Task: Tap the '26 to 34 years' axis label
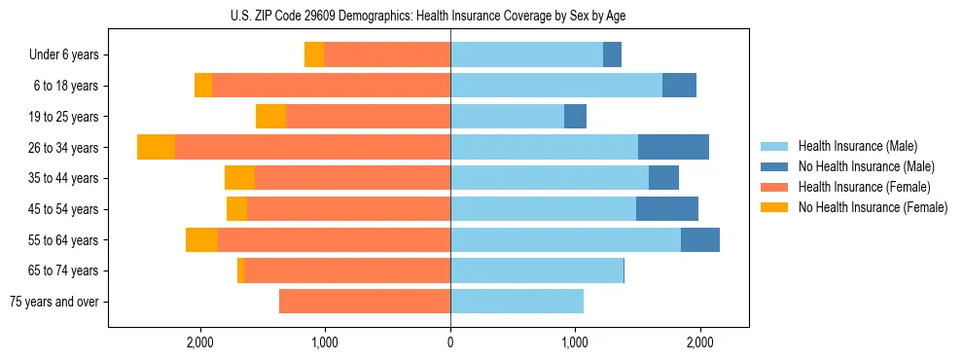click(63, 148)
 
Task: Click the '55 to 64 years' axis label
click(63, 240)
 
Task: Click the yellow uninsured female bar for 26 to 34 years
click(156, 147)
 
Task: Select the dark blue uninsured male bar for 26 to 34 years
click(673, 147)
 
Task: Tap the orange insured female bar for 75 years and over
click(364, 302)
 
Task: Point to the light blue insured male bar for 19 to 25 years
click(507, 117)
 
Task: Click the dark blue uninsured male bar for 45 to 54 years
click(667, 209)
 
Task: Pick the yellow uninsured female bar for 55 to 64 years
click(201, 240)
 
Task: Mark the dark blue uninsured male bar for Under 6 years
click(612, 55)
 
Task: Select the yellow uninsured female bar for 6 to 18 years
click(203, 86)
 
